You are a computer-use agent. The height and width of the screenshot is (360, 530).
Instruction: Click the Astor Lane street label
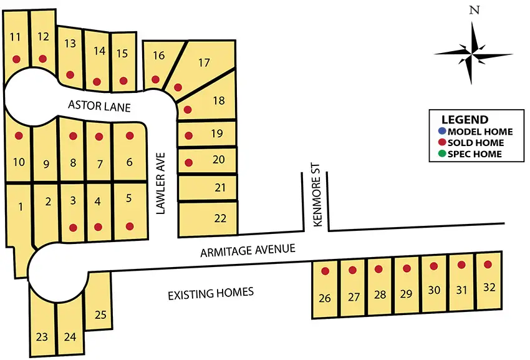(x=99, y=107)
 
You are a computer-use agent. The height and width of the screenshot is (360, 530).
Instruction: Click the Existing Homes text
(x=211, y=292)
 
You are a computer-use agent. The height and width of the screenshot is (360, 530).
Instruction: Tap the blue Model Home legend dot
(x=442, y=132)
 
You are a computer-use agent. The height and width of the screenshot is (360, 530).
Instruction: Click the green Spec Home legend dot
(x=442, y=153)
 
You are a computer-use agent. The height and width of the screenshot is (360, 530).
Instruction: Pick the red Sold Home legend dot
(x=442, y=143)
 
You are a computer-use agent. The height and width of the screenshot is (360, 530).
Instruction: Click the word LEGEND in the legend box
(x=465, y=120)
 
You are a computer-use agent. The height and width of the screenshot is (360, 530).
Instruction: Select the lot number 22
(x=220, y=218)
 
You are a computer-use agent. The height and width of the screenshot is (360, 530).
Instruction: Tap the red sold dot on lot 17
(x=178, y=87)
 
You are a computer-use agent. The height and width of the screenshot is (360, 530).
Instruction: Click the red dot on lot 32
(x=488, y=265)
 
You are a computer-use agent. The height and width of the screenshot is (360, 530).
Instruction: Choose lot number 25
(x=100, y=314)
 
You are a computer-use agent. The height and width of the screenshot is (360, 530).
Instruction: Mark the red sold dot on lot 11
(x=16, y=59)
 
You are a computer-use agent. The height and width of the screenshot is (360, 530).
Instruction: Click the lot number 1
(x=21, y=207)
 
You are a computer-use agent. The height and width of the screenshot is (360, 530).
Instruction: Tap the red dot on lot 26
(x=325, y=271)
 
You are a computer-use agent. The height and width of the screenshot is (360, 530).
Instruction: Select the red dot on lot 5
(x=130, y=226)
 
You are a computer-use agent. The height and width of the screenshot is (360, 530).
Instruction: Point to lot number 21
(x=219, y=187)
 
